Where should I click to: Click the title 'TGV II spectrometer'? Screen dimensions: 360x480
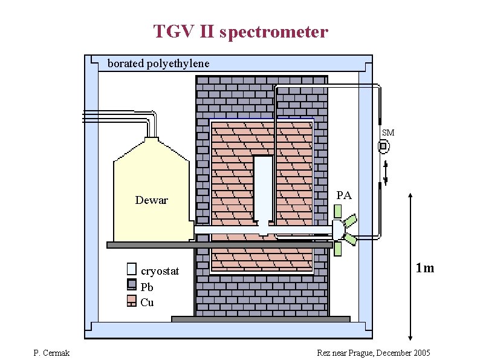(240, 31)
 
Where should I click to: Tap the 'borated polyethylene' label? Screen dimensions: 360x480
(158, 64)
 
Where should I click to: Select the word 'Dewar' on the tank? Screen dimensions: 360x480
(151, 200)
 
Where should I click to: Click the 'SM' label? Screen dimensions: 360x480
(388, 133)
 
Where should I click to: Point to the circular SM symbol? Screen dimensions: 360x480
(383, 146)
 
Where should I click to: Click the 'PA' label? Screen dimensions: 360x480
(343, 195)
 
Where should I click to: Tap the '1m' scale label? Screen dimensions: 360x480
(424, 268)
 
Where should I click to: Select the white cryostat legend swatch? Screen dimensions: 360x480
(132, 270)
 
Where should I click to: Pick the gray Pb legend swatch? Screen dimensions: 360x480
(132, 286)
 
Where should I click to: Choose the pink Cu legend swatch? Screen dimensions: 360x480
(132, 301)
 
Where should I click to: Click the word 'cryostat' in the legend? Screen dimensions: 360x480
(160, 271)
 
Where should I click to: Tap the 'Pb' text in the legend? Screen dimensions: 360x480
(146, 287)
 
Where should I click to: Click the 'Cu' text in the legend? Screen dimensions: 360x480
(147, 303)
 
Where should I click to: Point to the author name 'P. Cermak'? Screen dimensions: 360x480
(52, 353)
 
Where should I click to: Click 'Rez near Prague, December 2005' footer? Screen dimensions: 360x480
(374, 353)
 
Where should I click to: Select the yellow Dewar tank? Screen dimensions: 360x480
(151, 182)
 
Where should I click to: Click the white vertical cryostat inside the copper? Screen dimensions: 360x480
(263, 188)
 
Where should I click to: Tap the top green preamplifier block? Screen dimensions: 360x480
(337, 211)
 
